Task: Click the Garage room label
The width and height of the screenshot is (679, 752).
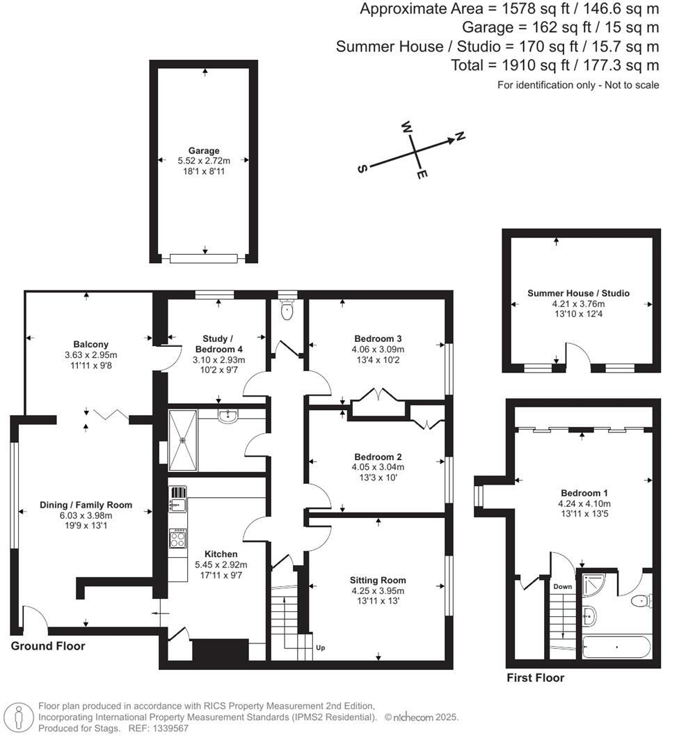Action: coord(204,150)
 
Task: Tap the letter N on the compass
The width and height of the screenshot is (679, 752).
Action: coord(460,136)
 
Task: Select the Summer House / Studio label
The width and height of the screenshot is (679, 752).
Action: coord(578,293)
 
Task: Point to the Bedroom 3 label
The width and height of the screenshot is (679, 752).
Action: coord(378,339)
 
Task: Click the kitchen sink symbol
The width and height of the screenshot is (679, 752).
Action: coord(177,499)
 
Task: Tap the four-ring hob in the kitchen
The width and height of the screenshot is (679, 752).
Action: coord(178,538)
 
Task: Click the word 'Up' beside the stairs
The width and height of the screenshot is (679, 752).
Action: coord(320,648)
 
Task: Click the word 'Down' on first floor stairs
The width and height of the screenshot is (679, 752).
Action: coord(562,587)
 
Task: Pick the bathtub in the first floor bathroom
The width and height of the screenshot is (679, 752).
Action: coord(616,648)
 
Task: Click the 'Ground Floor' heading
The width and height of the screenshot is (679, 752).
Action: coord(48,646)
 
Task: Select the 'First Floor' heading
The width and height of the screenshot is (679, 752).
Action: coord(535,677)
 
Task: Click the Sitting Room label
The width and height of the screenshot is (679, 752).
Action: coord(378,580)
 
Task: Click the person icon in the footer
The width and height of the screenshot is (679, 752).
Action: coord(18,717)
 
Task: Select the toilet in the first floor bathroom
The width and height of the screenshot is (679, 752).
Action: coord(641,600)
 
